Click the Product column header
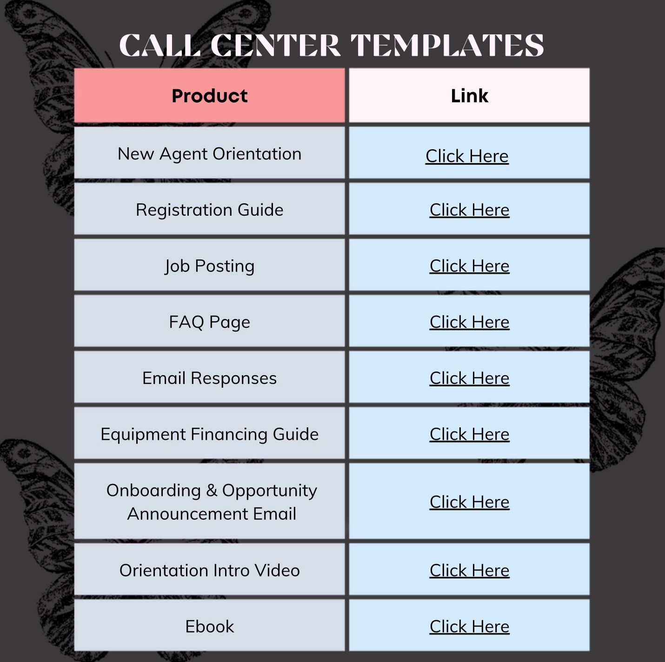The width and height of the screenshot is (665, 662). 209,96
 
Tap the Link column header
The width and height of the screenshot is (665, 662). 469,96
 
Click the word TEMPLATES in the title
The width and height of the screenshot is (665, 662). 447,45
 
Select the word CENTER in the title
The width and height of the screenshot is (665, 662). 275,45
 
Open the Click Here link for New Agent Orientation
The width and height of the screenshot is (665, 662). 467,156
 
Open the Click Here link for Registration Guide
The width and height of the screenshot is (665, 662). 469,210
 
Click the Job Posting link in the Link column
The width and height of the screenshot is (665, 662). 469,266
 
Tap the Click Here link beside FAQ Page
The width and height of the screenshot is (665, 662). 469,322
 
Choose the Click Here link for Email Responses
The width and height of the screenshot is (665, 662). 469,378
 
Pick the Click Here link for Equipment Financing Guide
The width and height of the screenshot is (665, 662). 469,434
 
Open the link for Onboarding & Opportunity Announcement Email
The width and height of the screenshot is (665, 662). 469,502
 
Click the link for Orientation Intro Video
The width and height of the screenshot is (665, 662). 469,570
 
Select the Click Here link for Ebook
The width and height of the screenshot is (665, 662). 469,627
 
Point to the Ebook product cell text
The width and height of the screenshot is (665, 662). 209,627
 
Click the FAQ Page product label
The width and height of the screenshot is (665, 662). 209,322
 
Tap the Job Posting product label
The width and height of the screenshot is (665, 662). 209,266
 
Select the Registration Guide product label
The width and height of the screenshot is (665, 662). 209,210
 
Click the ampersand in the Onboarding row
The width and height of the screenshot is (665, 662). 212,490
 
